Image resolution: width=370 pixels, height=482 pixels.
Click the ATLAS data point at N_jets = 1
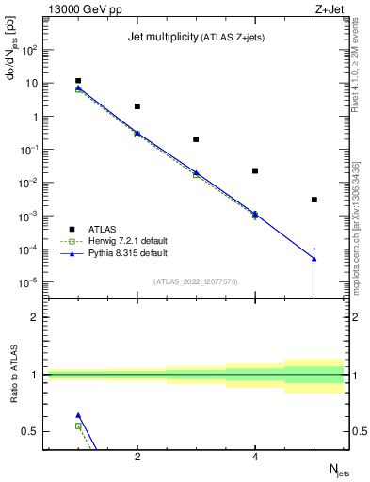point(78,81)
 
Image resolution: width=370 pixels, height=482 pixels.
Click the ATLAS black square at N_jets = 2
point(137,106)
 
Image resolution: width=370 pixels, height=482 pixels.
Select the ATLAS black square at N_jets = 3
point(196,139)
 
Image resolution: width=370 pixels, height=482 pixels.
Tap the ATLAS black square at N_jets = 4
point(255,170)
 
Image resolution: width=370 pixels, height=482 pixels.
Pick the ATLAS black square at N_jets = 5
point(314,200)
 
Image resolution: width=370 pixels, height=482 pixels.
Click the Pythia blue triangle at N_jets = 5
point(314,258)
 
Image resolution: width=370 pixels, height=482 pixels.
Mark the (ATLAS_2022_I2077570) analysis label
point(195,281)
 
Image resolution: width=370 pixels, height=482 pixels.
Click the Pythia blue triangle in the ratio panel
point(78,414)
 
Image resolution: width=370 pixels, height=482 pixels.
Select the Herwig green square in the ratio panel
point(78,426)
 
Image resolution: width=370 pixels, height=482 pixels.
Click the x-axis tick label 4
point(255,457)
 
